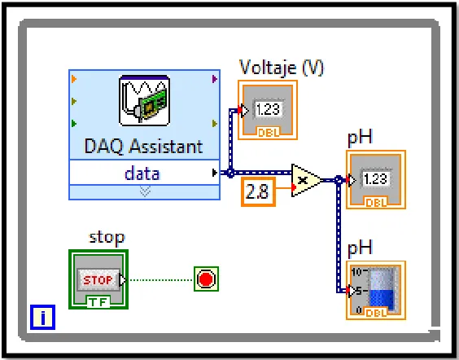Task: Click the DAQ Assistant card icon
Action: tap(144, 101)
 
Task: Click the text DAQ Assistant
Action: tap(143, 146)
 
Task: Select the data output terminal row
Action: tap(144, 173)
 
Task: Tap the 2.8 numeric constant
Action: tap(258, 192)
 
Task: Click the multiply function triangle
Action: tap(305, 180)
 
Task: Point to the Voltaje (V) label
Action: tap(282, 68)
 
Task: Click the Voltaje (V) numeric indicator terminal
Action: tap(268, 110)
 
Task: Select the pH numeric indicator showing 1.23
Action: tap(376, 179)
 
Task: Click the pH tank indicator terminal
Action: tap(376, 290)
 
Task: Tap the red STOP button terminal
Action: tap(98, 279)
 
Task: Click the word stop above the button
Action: tap(107, 237)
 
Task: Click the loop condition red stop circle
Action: tap(206, 279)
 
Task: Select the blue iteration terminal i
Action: tap(43, 317)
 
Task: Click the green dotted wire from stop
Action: tap(160, 280)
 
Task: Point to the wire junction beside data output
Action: tap(230, 173)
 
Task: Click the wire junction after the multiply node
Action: tap(339, 180)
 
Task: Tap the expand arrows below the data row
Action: tap(145, 192)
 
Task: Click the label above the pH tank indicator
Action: tap(360, 248)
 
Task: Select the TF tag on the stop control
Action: tap(98, 301)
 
